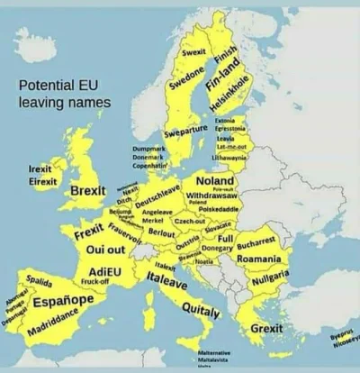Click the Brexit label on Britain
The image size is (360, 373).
coord(88,192)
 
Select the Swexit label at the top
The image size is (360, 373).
coord(193,51)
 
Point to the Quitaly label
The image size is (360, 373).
coord(201,312)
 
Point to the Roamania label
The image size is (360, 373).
coord(260,259)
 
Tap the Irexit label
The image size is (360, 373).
coord(40,168)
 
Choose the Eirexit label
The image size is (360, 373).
coord(42,180)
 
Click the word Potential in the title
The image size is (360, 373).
coord(44,87)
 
